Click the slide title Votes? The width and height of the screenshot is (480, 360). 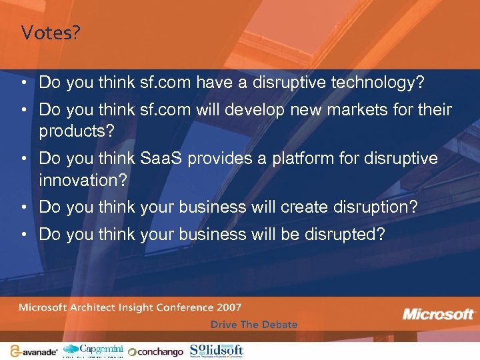pyautogui.click(x=50, y=33)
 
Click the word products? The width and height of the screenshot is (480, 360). pyautogui.click(x=77, y=131)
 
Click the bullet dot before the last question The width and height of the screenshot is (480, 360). pyautogui.click(x=23, y=235)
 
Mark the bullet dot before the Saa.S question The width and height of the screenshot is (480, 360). pyautogui.click(x=23, y=159)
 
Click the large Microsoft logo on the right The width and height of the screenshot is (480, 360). pyautogui.click(x=438, y=314)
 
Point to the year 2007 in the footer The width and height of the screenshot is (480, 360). pyautogui.click(x=229, y=307)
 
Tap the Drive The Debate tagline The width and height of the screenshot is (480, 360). pyautogui.click(x=254, y=325)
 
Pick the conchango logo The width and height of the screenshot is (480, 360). pyautogui.click(x=155, y=351)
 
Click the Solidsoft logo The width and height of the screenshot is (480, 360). pyautogui.click(x=217, y=350)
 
